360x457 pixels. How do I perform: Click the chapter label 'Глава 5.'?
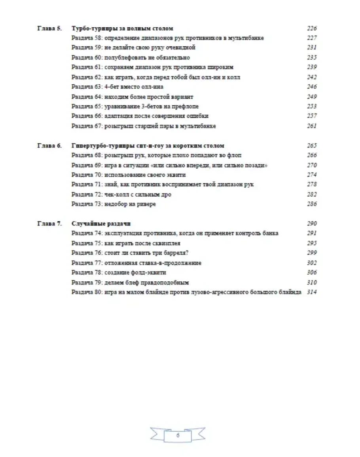(49, 28)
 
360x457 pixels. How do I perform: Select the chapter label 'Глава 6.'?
(49, 146)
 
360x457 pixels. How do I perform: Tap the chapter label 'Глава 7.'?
(49, 224)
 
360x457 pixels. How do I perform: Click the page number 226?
(312, 28)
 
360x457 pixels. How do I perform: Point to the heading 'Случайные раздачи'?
(101, 224)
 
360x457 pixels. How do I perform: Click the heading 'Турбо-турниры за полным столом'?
(122, 28)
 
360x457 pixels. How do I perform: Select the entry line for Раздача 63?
(117, 87)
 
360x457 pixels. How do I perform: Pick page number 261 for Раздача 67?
(312, 126)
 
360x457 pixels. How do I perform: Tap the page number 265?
(312, 146)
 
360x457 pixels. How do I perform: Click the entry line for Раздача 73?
(114, 204)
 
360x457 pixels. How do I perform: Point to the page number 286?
(312, 204)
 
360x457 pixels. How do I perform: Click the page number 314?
(312, 292)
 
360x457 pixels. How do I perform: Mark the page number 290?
(312, 224)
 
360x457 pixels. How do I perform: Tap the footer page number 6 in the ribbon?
(178, 435)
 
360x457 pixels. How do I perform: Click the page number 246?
(312, 87)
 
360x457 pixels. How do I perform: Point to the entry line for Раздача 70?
(129, 175)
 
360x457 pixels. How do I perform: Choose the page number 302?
(312, 263)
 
